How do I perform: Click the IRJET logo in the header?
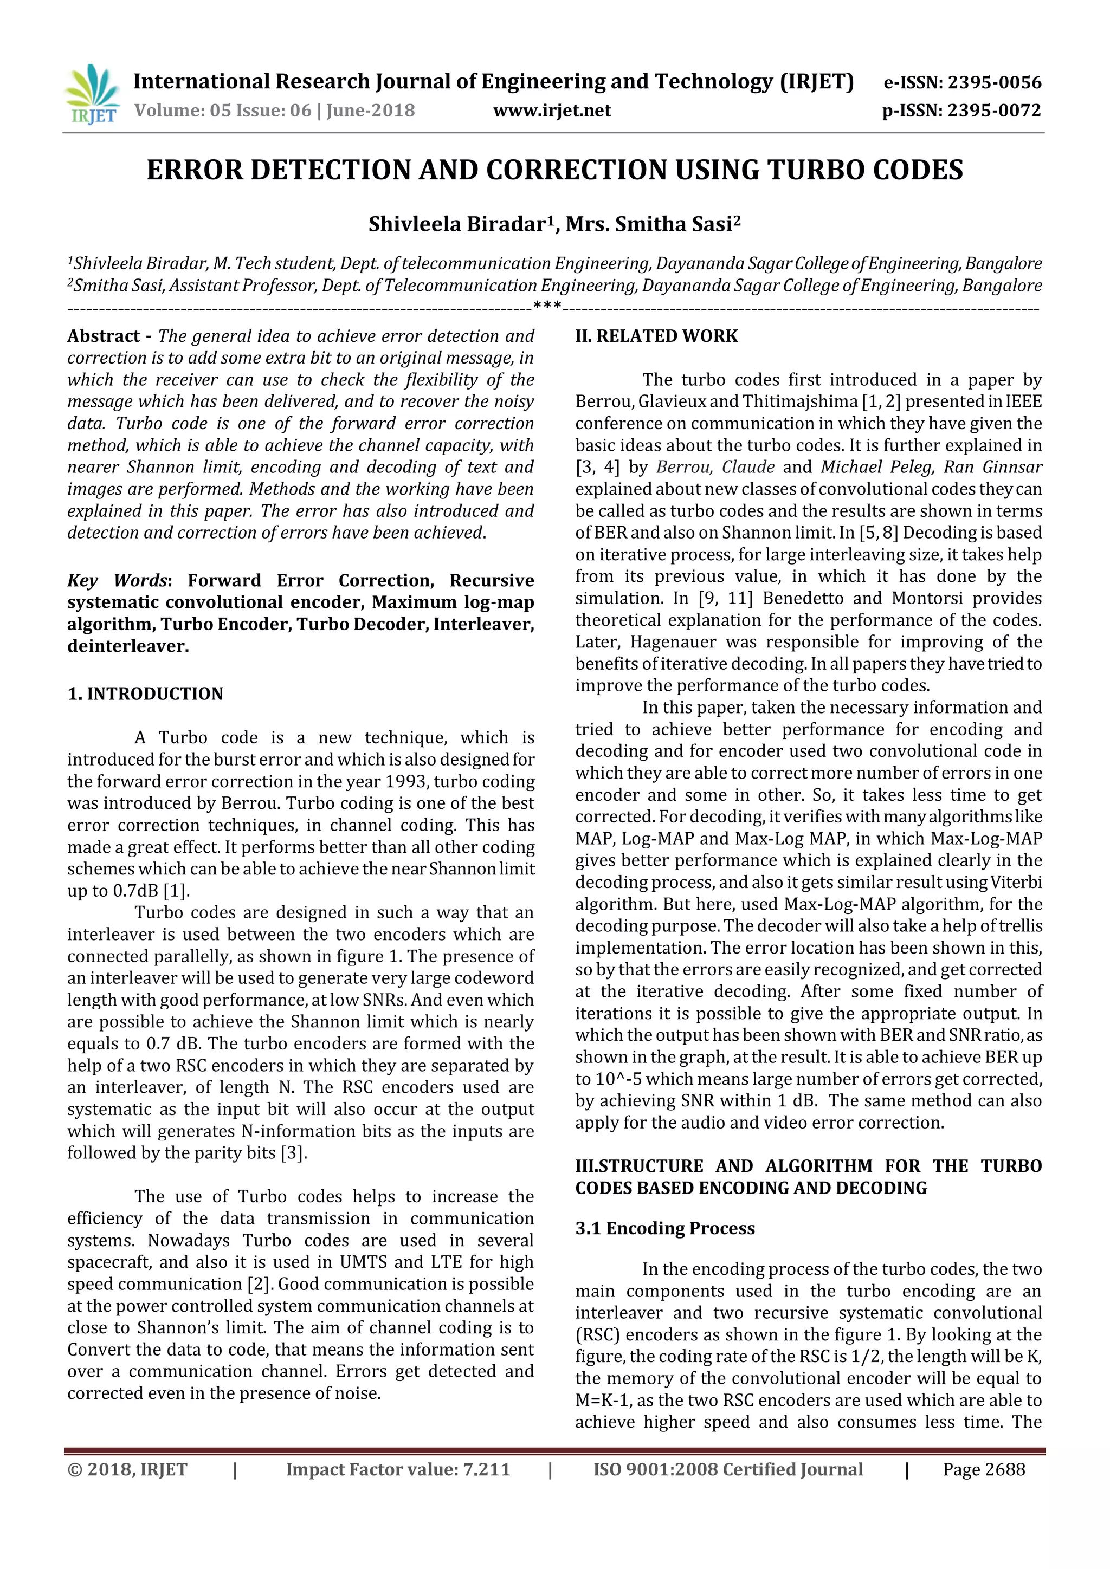[91, 94]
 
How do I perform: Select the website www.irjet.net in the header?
[552, 111]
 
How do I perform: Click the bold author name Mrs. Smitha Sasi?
[649, 225]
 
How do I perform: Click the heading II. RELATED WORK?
[656, 336]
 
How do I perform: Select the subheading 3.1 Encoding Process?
[664, 1229]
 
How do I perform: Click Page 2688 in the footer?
[984, 1470]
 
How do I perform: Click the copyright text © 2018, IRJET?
[127, 1470]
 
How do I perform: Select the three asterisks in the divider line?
[547, 306]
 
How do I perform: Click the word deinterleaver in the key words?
[127, 646]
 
